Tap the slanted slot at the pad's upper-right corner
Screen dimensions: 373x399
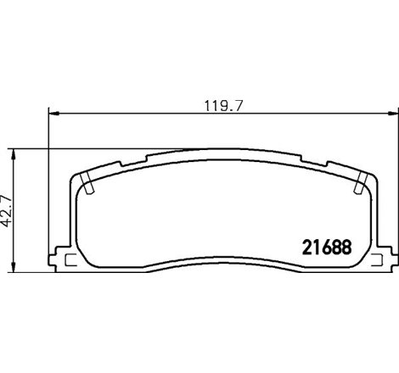coord(359,181)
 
